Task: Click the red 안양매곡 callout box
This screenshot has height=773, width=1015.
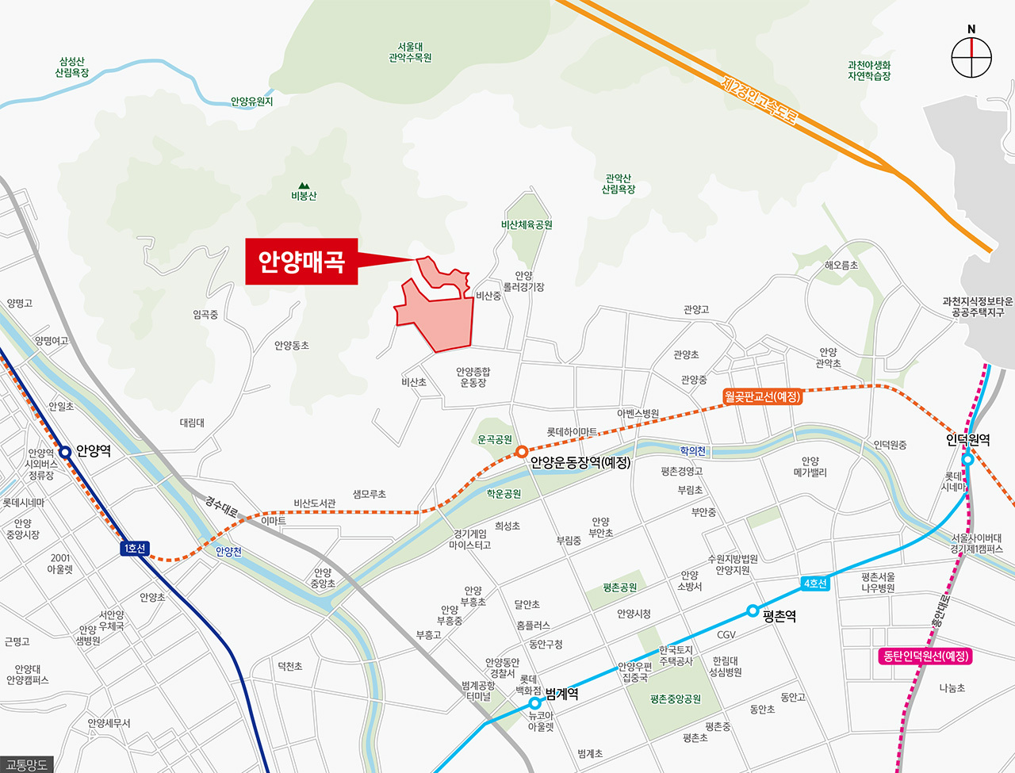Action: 301,262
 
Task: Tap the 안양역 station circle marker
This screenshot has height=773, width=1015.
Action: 65,453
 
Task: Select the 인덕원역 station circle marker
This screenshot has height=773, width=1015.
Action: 967,460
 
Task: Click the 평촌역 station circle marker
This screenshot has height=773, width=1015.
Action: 752,611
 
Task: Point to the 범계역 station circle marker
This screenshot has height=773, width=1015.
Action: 535,703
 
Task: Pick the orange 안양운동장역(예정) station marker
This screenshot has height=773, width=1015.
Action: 521,452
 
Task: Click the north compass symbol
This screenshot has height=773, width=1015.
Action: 971,57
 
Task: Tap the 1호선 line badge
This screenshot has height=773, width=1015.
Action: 134,549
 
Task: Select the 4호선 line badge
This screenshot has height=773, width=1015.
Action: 815,584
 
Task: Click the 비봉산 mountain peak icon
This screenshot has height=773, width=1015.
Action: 303,186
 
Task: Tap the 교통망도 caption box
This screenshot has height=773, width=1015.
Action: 26,765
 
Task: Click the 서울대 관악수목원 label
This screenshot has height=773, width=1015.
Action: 410,52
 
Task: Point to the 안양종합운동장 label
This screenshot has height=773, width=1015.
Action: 473,377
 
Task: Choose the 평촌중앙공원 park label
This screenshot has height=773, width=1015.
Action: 676,699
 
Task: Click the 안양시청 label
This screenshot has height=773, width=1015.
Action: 634,614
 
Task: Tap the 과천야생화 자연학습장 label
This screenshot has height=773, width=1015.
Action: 869,71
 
